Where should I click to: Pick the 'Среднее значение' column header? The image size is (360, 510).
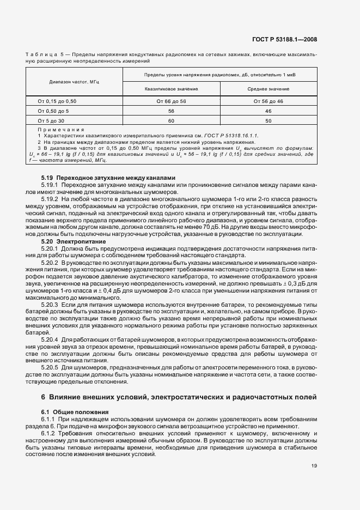268,88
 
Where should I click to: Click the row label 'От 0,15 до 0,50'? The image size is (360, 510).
57,101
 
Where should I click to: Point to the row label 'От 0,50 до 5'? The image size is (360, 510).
53,111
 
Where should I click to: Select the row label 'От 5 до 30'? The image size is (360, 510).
51,120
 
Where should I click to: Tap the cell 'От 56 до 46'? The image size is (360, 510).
268,101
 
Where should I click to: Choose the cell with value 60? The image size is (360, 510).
171,120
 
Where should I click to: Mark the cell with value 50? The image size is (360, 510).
268,120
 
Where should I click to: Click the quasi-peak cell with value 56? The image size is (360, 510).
171,111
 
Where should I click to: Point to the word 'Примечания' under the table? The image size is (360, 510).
60,130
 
